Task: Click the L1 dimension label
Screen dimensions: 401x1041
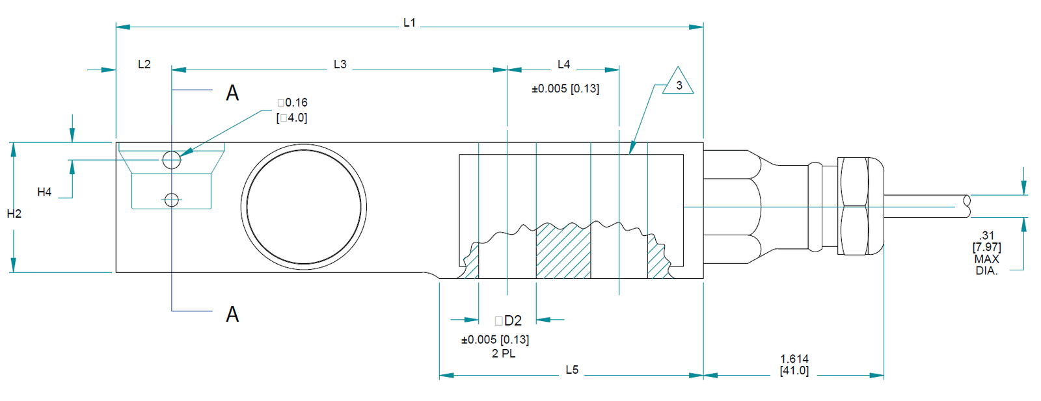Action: (409, 23)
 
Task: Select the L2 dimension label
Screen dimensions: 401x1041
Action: (144, 64)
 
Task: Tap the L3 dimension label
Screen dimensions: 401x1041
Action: (340, 64)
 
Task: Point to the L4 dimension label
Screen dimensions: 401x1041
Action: (563, 64)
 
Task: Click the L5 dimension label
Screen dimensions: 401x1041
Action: (572, 370)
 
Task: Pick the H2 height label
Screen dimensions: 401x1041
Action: (14, 214)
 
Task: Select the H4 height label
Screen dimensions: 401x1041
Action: (44, 192)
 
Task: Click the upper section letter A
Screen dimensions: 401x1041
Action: (232, 94)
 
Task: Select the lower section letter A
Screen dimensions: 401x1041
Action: (232, 315)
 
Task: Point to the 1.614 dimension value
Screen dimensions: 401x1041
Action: (794, 359)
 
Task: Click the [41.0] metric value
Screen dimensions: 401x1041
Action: (794, 370)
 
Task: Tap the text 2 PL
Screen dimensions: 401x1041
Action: (504, 354)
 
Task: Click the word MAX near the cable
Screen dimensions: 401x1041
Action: (986, 259)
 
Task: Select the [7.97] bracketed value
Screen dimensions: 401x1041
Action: (986, 247)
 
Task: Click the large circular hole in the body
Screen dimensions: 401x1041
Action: (304, 207)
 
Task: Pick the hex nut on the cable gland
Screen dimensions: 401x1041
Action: (854, 206)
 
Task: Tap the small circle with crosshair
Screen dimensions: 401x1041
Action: (171, 200)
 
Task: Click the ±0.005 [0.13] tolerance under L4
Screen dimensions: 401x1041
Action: (565, 89)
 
